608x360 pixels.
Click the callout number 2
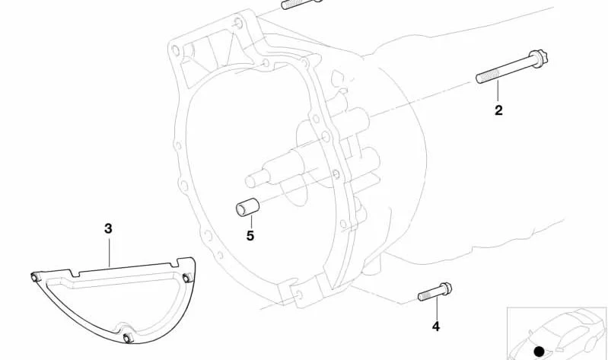coord(498,110)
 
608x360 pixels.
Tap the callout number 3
coord(108,228)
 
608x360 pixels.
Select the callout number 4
coord(436,327)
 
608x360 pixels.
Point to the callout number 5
coord(250,235)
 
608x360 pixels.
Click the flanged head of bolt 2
coord(538,59)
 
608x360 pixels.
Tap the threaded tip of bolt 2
coord(479,78)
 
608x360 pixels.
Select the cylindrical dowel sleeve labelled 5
coord(247,207)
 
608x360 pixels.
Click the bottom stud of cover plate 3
coord(128,337)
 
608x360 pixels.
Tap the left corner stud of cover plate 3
coord(34,277)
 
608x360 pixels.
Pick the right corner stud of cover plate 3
coord(187,277)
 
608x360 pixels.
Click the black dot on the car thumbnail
coord(540,352)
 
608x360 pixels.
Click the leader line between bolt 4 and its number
coord(437,309)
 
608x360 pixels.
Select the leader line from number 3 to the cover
coord(109,252)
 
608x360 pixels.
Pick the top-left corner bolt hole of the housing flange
coord(176,50)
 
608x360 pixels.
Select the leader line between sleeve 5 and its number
coord(251,222)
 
